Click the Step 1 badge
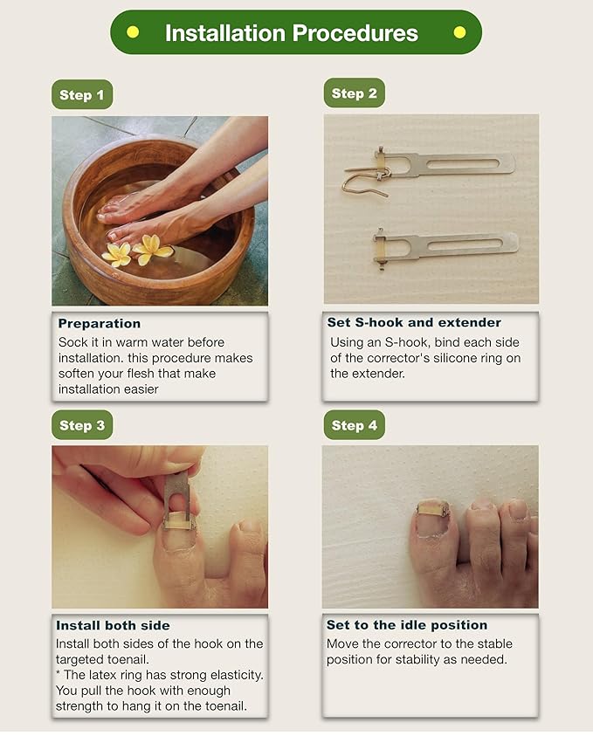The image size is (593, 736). [x=82, y=95]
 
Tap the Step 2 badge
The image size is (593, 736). [x=354, y=93]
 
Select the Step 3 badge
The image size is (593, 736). [x=82, y=425]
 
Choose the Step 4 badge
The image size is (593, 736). [x=354, y=425]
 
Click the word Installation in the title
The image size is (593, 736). [x=225, y=33]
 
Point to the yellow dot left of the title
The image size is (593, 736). [x=133, y=32]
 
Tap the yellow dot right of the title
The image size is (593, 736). [x=459, y=32]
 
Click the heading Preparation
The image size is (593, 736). [x=100, y=323]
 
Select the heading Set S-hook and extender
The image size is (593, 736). [x=414, y=322]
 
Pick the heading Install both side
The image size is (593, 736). [x=113, y=625]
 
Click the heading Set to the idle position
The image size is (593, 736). [x=407, y=625]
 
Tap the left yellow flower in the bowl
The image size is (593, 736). [x=117, y=254]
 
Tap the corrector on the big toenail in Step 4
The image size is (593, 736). [x=433, y=508]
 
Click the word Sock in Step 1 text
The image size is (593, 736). [x=72, y=342]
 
